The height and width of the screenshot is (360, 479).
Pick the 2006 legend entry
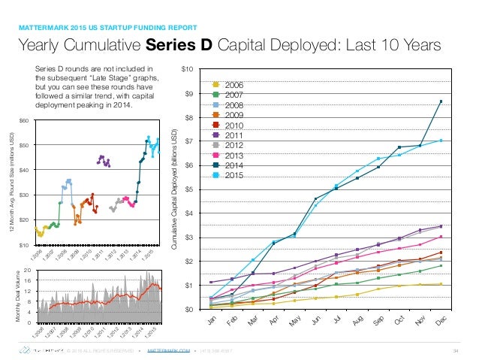[230, 85]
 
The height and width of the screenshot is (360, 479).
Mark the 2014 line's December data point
[441, 101]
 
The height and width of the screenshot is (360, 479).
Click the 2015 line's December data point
[441, 141]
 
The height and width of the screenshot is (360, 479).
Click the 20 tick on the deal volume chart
[26, 269]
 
